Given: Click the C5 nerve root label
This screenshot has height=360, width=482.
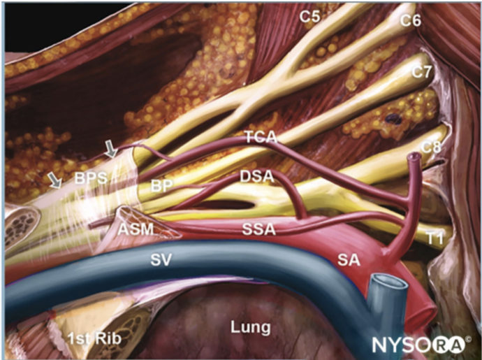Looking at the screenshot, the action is tap(310, 17).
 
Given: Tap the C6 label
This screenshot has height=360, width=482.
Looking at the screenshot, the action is tap(410, 21).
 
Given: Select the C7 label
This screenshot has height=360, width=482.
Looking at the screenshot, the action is tap(423, 72).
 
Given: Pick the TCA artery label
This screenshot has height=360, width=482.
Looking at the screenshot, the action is tap(261, 137).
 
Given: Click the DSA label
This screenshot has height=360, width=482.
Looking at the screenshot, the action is tap(257, 177).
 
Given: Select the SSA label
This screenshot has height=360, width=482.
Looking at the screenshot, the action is tap(259, 229).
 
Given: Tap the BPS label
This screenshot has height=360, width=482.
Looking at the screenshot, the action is tap(91, 178).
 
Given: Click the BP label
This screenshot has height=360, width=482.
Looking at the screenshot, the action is tap(161, 186).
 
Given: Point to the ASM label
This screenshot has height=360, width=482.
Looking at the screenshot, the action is tap(136, 229).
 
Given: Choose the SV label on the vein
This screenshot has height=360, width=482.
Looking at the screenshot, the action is tap(161, 260).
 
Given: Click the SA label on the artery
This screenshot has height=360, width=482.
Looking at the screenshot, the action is tap(349, 260).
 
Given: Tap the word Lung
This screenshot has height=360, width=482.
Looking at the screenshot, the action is tap(251, 327).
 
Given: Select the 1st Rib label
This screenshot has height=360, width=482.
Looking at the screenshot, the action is tap(95, 338).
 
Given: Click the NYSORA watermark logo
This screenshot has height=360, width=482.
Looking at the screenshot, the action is tap(421, 345).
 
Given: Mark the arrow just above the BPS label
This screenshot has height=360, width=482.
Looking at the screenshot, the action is tap(110, 149).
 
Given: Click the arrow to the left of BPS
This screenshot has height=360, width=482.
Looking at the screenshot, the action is tap(55, 180).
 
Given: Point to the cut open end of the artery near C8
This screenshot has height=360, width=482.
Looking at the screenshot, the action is tap(414, 157).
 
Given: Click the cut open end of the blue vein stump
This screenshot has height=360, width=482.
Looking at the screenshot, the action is tap(389, 281).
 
